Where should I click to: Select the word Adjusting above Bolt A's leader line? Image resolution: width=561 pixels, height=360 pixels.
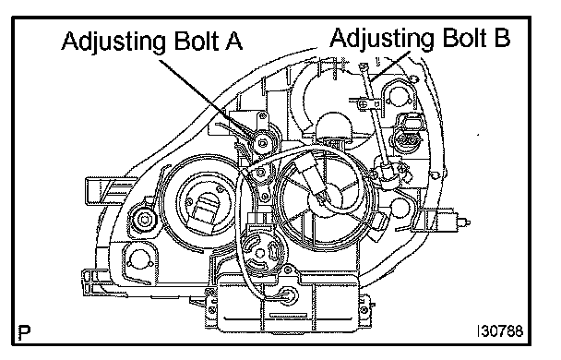click(113, 42)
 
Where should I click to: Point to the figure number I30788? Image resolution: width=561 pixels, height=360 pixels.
click(500, 331)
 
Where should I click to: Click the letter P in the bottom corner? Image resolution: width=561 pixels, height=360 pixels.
click(24, 332)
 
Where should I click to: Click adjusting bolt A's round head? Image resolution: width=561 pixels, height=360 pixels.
click(263, 144)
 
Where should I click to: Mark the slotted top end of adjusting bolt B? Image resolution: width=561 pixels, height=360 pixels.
click(364, 66)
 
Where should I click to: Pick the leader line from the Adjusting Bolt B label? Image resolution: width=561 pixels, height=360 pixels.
click(390, 66)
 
